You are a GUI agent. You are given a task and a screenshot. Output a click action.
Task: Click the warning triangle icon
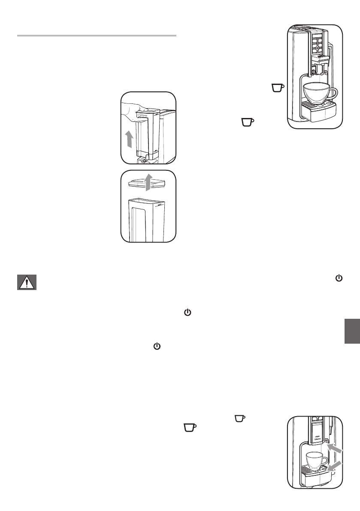[27, 282]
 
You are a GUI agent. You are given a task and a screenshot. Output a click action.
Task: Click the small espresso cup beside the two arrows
[314, 461]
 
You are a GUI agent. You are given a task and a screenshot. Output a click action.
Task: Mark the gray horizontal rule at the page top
[97, 36]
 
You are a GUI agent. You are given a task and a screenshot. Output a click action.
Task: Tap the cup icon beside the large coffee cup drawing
[278, 88]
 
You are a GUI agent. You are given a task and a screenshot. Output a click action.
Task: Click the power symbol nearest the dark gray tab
[339, 278]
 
